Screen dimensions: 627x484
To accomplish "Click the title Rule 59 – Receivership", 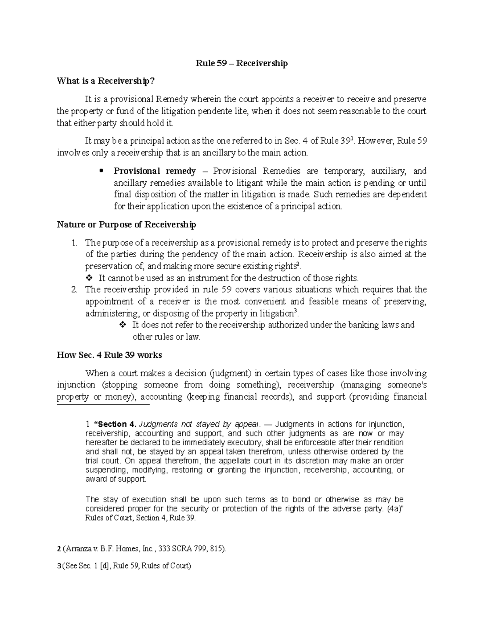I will [x=242, y=63].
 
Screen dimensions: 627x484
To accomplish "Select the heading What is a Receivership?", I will [x=106, y=81].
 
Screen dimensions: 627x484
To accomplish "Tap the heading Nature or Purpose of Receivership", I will [x=126, y=224].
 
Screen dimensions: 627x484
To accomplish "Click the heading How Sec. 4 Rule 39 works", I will [x=109, y=355].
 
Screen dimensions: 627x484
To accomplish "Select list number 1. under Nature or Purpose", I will [x=74, y=243].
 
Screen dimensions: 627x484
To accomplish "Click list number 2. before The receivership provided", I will [x=74, y=290].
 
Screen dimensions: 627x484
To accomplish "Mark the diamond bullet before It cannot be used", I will [x=89, y=278].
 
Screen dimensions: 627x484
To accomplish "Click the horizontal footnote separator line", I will [x=103, y=404].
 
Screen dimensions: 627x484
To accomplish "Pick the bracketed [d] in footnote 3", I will [x=106, y=566].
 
